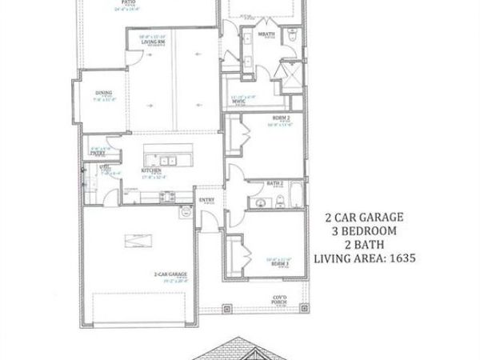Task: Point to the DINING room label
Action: (103, 92)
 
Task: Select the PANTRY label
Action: (100, 155)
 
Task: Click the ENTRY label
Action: (206, 200)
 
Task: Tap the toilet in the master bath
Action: (294, 36)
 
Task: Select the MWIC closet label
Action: (238, 102)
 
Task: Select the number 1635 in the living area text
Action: (406, 258)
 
